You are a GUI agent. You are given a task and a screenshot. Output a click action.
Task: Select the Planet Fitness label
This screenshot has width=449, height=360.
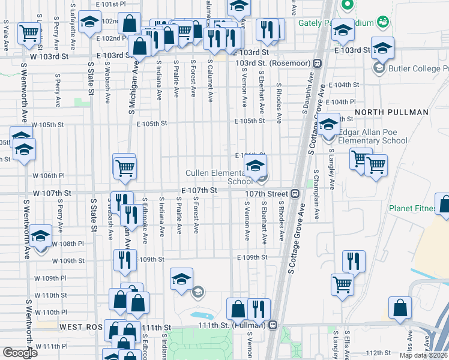point(411,208)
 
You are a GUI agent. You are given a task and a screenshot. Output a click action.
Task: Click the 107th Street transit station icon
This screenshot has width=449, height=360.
point(295,194)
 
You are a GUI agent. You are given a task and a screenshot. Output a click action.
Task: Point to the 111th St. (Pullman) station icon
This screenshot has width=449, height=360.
point(273,325)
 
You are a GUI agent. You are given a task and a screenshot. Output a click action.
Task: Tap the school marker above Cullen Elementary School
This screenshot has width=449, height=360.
point(255,166)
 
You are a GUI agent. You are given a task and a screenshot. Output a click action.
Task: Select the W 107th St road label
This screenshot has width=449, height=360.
point(52,193)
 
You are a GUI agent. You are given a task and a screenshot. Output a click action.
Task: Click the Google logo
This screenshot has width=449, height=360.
point(20,353)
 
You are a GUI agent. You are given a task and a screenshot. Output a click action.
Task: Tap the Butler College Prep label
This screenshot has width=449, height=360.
point(415,68)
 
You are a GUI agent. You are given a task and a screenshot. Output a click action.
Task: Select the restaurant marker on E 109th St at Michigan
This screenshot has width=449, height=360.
point(122,259)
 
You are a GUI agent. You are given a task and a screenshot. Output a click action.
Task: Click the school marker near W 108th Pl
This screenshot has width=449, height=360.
point(41,236)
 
